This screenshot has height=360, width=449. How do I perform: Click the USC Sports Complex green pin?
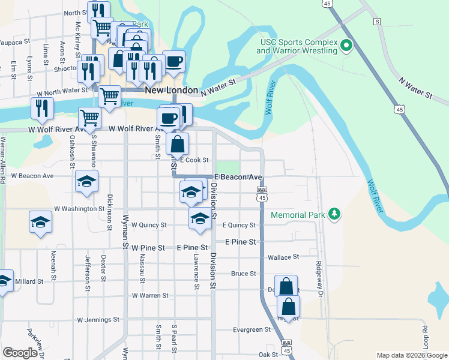[346, 46]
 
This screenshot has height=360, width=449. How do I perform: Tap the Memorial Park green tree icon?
[334, 214]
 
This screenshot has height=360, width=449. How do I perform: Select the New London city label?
[172, 90]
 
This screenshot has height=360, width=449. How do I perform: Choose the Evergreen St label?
[252, 329]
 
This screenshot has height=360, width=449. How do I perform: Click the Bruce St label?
[244, 274]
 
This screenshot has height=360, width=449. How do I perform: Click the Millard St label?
[29, 281]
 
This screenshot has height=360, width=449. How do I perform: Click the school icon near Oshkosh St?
[87, 181]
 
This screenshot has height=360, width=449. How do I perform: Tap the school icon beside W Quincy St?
[200, 218]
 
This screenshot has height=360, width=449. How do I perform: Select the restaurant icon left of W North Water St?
[42, 108]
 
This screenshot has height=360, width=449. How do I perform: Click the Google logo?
[20, 353]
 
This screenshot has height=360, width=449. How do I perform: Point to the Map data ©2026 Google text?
[411, 355]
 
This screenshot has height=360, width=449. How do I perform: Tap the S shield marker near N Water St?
[377, 22]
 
